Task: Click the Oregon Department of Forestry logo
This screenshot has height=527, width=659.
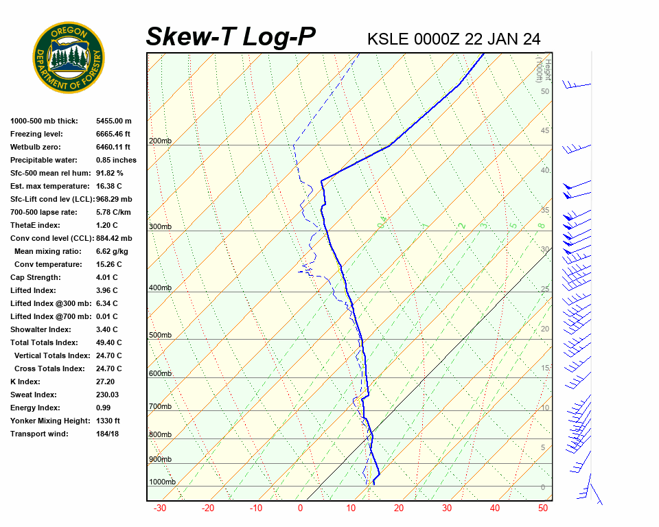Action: pyautogui.click(x=69, y=58)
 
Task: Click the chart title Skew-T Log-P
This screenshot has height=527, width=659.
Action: pyautogui.click(x=231, y=36)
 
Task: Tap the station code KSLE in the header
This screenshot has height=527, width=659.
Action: pyautogui.click(x=389, y=38)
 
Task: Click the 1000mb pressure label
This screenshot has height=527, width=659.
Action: pyautogui.click(x=162, y=482)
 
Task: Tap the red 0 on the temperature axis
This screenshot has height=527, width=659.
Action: pyautogui.click(x=300, y=508)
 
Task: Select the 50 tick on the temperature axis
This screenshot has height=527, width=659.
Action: pyautogui.click(x=542, y=508)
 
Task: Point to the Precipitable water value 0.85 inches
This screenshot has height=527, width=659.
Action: pyautogui.click(x=116, y=160)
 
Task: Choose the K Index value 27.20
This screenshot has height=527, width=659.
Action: pyautogui.click(x=106, y=382)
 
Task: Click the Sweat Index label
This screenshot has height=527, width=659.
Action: pyautogui.click(x=34, y=395)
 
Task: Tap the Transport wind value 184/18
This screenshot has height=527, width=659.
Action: pyautogui.click(x=108, y=434)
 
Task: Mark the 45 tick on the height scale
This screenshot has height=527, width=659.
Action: pyautogui.click(x=545, y=131)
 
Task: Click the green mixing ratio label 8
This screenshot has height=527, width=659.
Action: pyautogui.click(x=541, y=225)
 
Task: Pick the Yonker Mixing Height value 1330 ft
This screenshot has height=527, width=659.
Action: pyautogui.click(x=108, y=421)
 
